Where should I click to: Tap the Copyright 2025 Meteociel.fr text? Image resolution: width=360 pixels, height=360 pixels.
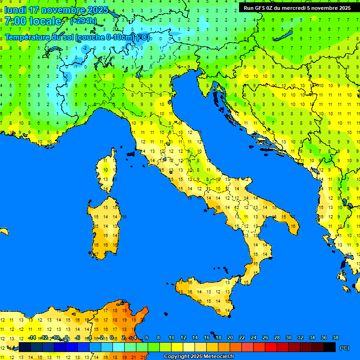coord(199,356)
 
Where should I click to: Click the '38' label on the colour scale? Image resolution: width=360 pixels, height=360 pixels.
coord(335,337)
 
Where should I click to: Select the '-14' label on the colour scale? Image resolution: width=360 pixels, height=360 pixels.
coord(32,337)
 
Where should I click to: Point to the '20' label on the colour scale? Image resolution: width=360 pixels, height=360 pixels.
coord(230,337)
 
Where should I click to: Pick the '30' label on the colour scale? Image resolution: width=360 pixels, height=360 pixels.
coord(288,337)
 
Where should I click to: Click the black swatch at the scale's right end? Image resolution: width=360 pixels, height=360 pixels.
coord(330,347)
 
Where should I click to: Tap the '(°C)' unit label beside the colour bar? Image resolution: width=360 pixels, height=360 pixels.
coord(345,348)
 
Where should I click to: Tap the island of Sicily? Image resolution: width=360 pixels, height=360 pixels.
coord(206,293)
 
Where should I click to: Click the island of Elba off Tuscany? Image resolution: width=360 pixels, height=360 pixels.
coord(131,154)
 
